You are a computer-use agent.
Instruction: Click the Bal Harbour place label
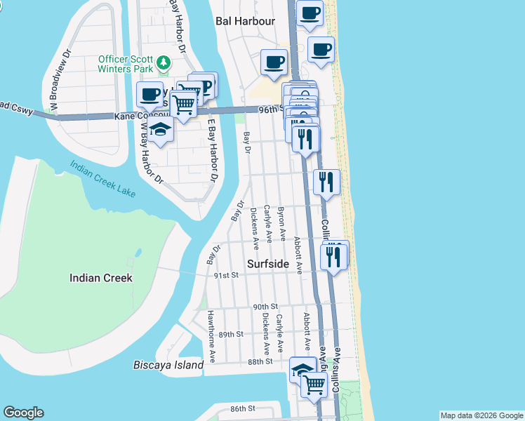245,21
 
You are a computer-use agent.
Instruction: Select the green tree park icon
164,63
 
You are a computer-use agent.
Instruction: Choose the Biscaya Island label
168,365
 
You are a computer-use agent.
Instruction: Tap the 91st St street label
227,276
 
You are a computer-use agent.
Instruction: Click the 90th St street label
266,307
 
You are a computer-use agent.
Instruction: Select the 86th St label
243,408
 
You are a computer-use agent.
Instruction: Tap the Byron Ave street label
281,221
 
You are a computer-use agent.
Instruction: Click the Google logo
24,413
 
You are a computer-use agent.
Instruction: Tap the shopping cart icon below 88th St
314,383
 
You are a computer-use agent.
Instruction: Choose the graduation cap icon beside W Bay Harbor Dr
161,130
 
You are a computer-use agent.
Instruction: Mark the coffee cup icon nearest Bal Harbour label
274,61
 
